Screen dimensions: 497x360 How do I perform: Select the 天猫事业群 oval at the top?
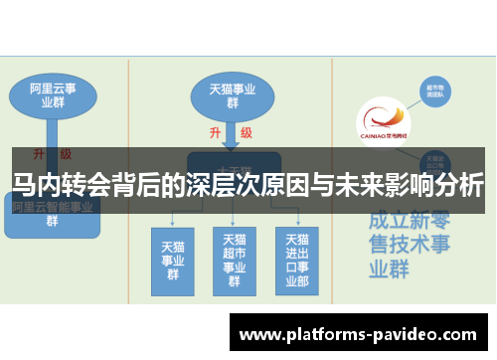tap(232, 94)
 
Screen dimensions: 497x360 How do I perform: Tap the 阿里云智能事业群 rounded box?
tap(52, 215)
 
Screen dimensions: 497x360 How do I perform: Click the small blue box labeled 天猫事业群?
tap(172, 260)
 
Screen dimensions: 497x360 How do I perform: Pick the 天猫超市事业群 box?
tap(234, 260)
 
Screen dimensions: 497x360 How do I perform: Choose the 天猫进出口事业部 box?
tap(296, 260)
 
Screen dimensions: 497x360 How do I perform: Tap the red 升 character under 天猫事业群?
tap(215, 132)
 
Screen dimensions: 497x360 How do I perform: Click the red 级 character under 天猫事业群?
tap(246, 132)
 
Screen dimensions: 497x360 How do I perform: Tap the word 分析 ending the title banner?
tap(461, 184)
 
